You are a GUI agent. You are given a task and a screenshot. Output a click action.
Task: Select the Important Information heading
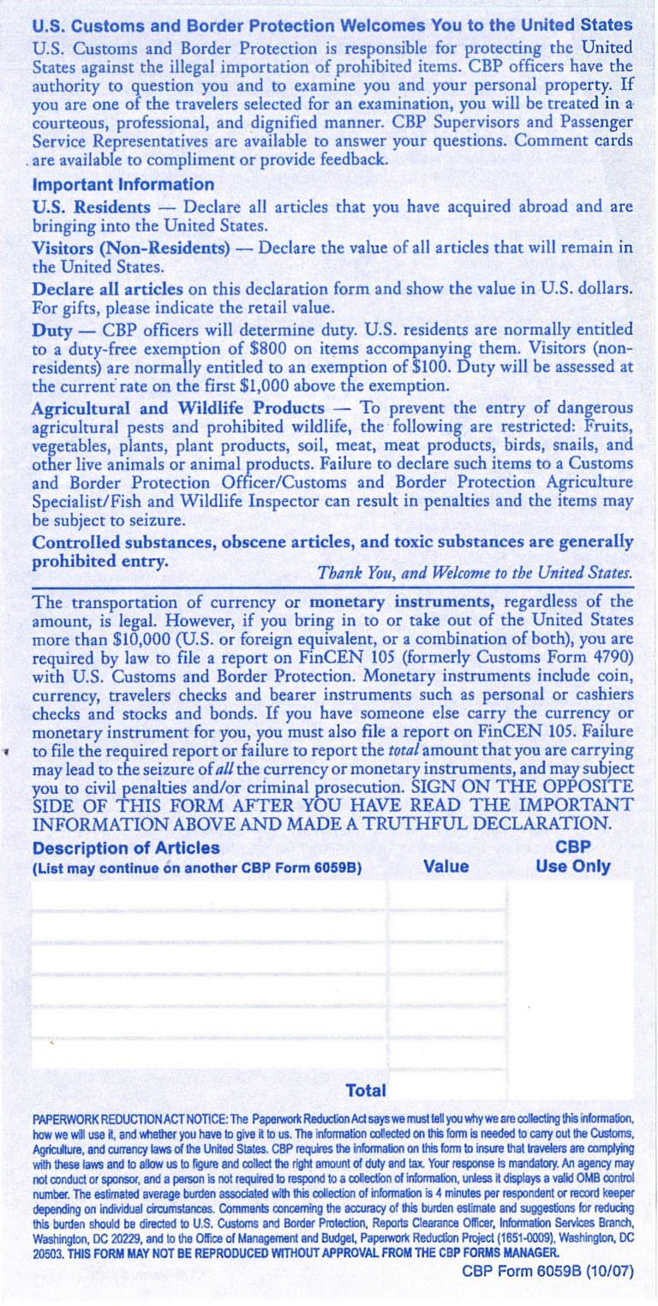click(x=123, y=184)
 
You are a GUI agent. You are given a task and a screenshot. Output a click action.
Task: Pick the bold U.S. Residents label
click(x=91, y=207)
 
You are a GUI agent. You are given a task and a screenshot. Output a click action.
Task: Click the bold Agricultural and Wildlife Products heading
click(x=178, y=408)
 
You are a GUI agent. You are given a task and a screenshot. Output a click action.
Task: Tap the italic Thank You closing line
click(x=475, y=572)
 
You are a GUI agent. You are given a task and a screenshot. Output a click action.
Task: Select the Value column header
click(x=446, y=866)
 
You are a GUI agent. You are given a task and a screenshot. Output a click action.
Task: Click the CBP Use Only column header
click(x=572, y=856)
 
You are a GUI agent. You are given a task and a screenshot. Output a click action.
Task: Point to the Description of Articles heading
click(x=126, y=848)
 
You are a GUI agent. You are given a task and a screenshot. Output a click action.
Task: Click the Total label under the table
click(x=366, y=1090)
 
